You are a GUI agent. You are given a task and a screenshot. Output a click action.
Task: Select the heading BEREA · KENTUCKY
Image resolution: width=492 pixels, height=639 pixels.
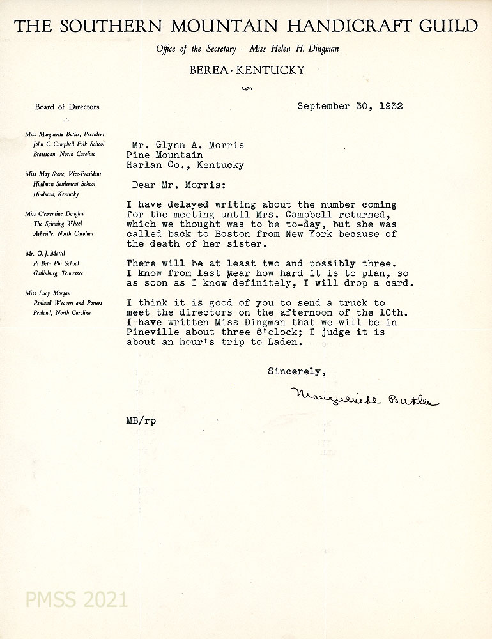point(247,70)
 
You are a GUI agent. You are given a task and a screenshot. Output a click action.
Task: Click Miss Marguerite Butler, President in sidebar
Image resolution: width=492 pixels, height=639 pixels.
point(65,135)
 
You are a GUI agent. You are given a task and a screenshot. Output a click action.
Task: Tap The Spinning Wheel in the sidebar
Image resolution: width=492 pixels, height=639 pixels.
point(58,224)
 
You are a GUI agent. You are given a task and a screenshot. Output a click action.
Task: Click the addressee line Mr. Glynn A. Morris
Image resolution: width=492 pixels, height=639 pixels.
point(185,145)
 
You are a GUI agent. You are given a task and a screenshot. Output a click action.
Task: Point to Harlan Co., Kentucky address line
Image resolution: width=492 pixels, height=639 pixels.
point(185,165)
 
